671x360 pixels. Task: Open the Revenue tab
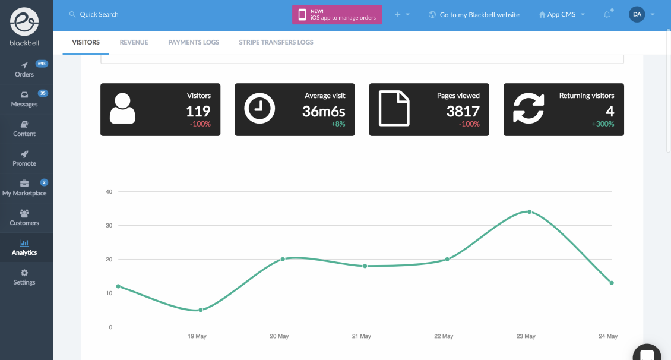(134, 42)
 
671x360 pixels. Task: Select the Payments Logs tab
(194, 42)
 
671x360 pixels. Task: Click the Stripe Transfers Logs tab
(276, 42)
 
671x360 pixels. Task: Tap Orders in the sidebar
(24, 69)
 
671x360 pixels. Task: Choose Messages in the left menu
(24, 99)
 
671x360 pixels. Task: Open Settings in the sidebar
(24, 277)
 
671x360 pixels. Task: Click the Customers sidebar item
(24, 217)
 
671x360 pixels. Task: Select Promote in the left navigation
(24, 158)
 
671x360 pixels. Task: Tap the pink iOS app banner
(337, 14)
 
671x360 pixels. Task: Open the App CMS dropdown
(561, 14)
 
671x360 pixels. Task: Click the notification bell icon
(607, 14)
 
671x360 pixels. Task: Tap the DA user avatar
(637, 14)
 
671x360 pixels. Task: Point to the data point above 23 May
(529, 211)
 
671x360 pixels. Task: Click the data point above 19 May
(201, 310)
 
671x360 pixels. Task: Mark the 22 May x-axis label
(444, 336)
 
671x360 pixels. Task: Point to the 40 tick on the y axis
(109, 191)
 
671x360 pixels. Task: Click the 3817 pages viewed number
(463, 110)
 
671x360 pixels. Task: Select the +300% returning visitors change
(603, 124)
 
